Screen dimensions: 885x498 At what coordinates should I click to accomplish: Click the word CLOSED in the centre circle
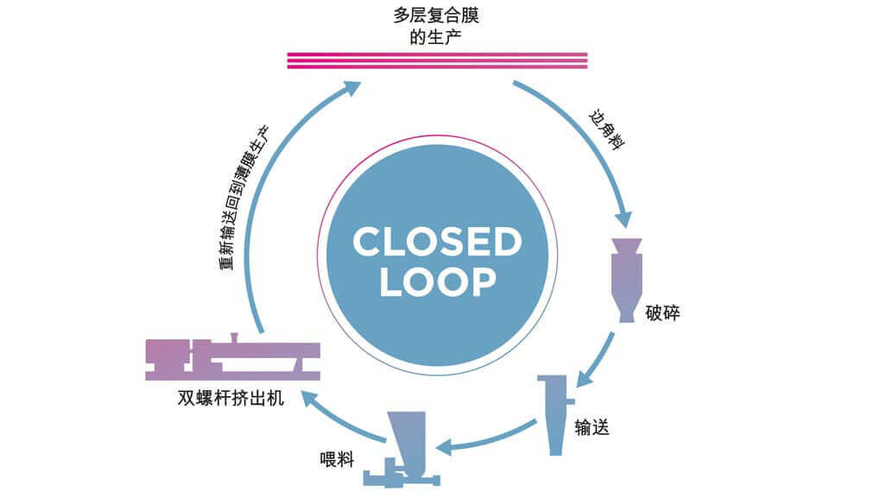tap(438, 242)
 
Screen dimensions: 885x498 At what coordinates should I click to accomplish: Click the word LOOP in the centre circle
tap(438, 281)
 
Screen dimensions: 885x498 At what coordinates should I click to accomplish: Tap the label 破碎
tap(662, 313)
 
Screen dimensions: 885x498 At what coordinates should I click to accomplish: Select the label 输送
tap(591, 427)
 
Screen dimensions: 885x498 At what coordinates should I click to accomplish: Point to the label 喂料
tap(337, 460)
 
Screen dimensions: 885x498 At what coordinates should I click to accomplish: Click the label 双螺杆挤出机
tap(231, 398)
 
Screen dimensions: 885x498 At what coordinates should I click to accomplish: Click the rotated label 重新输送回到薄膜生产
tap(243, 198)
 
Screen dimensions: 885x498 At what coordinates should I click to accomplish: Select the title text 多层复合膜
tap(436, 16)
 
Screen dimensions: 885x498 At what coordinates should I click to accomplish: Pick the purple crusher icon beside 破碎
tap(627, 281)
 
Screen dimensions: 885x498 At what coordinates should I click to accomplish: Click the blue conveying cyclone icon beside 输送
tap(556, 414)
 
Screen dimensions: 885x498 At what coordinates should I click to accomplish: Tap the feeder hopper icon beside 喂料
tap(401, 449)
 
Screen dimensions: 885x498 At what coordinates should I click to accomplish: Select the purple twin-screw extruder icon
tap(232, 357)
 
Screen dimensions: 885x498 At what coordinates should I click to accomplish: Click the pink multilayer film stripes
tap(438, 60)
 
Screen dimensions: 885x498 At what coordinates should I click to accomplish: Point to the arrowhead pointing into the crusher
tap(623, 219)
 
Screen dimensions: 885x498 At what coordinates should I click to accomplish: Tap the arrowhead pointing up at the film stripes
tap(351, 89)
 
